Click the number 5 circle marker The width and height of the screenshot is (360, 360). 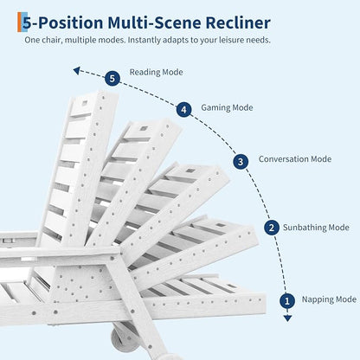112,78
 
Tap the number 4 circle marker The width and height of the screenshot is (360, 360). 183,110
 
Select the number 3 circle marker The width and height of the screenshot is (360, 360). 241,162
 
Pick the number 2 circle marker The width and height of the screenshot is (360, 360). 272,228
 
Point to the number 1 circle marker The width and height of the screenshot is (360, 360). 287,301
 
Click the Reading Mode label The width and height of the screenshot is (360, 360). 156,72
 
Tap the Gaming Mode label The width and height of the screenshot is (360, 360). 227,108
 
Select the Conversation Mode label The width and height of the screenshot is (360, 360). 295,159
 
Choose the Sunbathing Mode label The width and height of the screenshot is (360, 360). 316,228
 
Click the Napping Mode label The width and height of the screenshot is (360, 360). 329,299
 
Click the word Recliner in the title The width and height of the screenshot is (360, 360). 238,22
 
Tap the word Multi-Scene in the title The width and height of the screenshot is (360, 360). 154,22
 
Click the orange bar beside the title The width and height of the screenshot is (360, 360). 19,22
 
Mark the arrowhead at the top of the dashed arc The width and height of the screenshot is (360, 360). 76,70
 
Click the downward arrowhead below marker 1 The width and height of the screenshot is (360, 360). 287,318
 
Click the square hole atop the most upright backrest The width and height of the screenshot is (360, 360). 85,102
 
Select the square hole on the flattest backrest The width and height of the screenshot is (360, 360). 232,286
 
